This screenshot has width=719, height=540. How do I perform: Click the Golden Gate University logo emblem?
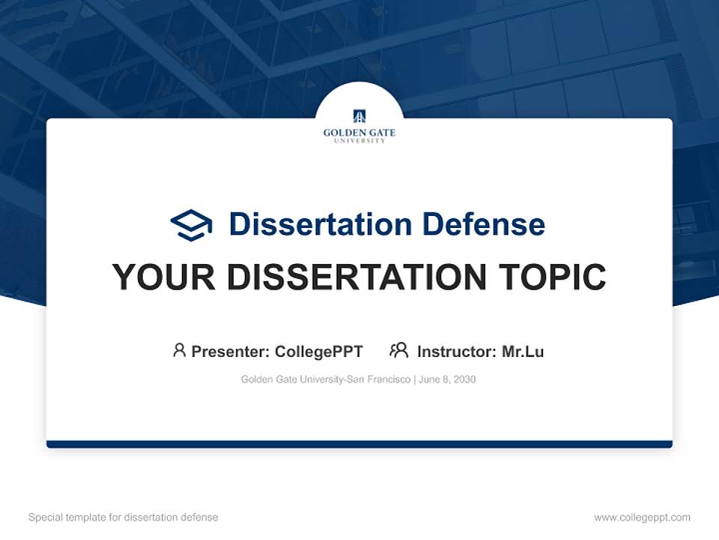click(359, 116)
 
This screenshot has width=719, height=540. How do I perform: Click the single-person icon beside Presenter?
click(179, 350)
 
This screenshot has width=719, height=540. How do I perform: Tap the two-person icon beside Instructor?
click(398, 350)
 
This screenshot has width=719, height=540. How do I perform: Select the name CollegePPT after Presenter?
click(319, 352)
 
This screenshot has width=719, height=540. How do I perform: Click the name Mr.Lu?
click(523, 352)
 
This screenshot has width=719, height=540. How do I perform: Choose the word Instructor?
click(456, 352)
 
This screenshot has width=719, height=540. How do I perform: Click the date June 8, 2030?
click(447, 379)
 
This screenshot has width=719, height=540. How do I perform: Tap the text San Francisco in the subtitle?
click(377, 379)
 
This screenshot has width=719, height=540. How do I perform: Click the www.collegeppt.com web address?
click(642, 517)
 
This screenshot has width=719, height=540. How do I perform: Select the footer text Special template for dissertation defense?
click(124, 517)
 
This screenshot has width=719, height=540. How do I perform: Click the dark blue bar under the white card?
click(359, 444)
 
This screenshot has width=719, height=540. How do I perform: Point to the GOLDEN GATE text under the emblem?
click(359, 133)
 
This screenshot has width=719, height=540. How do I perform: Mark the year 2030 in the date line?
click(464, 379)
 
